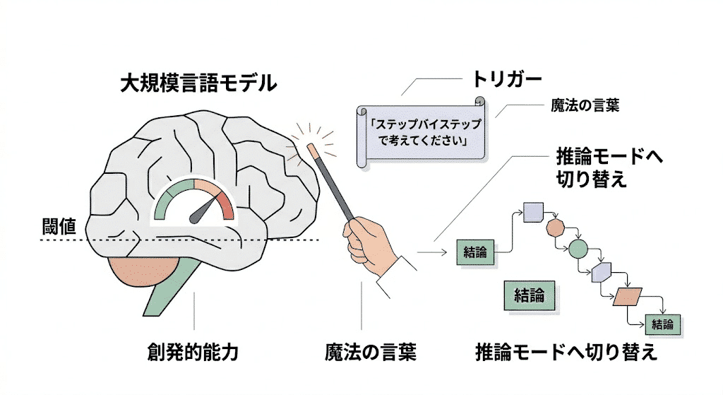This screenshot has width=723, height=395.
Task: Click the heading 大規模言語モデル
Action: (198, 84)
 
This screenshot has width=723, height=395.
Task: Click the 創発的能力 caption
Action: (189, 351)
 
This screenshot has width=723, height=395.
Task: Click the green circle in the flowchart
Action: (578, 248)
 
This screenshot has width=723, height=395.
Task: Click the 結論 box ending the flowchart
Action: (662, 325)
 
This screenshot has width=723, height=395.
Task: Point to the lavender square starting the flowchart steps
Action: (532, 211)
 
